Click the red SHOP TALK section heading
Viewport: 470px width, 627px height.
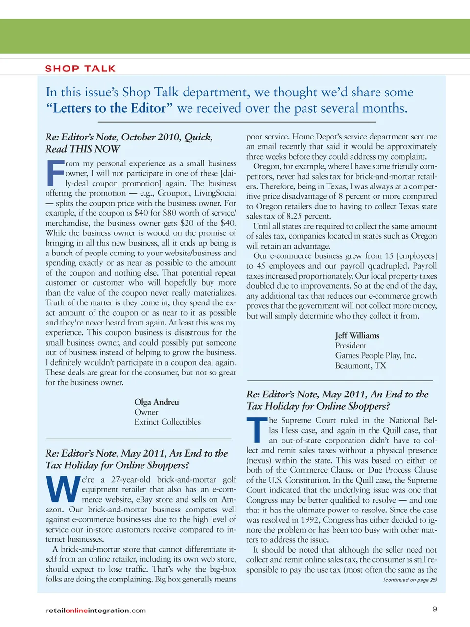point(80,69)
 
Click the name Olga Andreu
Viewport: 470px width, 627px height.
point(157,402)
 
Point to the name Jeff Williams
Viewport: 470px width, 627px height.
point(357,335)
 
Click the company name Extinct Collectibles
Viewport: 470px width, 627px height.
point(167,422)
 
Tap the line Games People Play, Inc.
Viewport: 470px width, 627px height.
point(376,355)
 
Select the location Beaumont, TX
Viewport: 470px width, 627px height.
point(361,366)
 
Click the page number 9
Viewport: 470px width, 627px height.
point(435,609)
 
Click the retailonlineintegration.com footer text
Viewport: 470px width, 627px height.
point(95,610)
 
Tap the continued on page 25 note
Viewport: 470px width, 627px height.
point(410,580)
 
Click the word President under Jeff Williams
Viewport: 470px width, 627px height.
point(351,346)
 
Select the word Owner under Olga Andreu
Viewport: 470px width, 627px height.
point(146,412)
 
